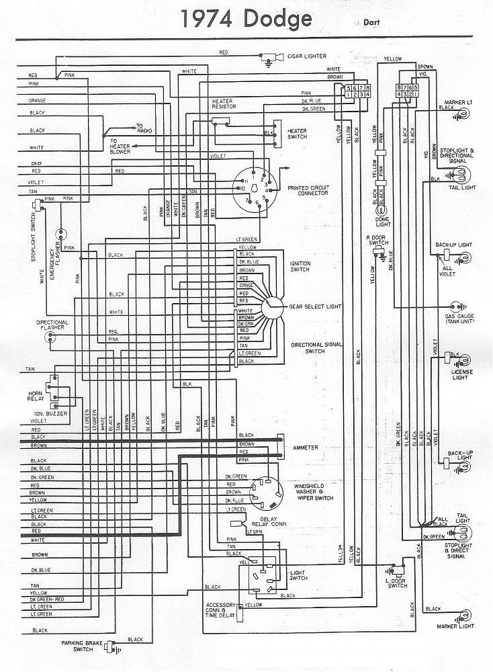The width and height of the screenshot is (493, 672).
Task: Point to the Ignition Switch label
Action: (x=300, y=266)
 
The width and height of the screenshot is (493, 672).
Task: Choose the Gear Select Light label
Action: (x=315, y=306)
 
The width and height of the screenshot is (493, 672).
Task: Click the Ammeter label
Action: (x=306, y=447)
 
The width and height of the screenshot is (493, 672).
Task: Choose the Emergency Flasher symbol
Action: (x=62, y=235)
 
